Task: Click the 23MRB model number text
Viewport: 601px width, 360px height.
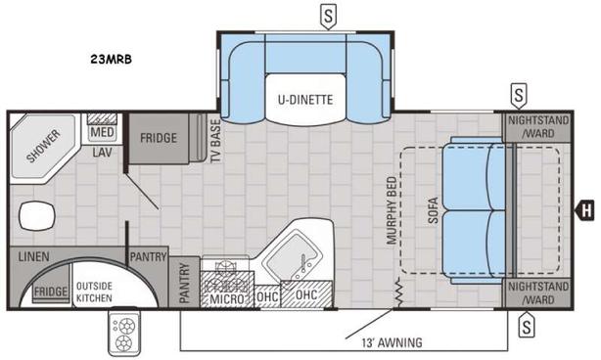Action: [108, 59]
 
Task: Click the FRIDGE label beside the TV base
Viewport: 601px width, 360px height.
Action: [158, 138]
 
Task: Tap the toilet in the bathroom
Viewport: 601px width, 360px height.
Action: [35, 214]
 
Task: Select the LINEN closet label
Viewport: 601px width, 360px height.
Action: [33, 256]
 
